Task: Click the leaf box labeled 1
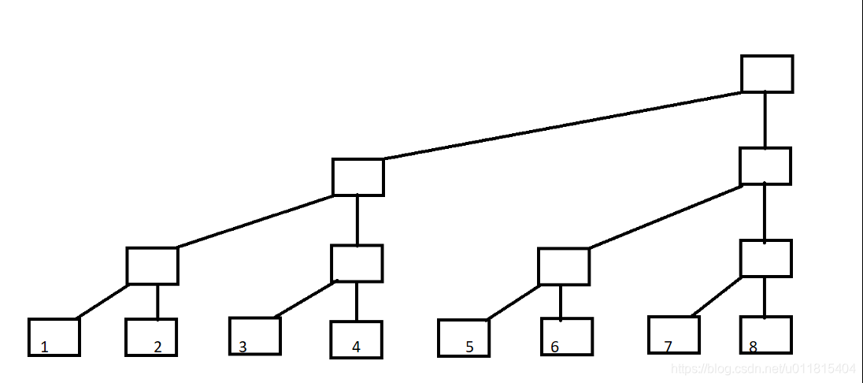[x=54, y=337]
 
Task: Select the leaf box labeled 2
[x=151, y=337]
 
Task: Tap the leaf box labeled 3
[x=255, y=336]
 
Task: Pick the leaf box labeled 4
[x=356, y=340]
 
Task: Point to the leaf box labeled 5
[x=464, y=338]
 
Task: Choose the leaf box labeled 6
[x=566, y=337]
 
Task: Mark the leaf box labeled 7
[x=674, y=335]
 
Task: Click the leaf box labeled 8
[x=765, y=335]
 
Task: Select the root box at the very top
[x=767, y=74]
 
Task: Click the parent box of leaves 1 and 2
[x=153, y=266]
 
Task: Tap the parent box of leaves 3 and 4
[x=357, y=263]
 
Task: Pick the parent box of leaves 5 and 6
[x=564, y=266]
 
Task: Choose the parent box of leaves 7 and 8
[x=766, y=258]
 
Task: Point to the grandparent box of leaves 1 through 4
[x=358, y=177]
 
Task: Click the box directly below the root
[x=765, y=166]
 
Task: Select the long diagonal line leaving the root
[x=562, y=125]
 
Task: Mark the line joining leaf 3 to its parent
[x=306, y=299]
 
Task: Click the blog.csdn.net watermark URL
[x=761, y=369]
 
